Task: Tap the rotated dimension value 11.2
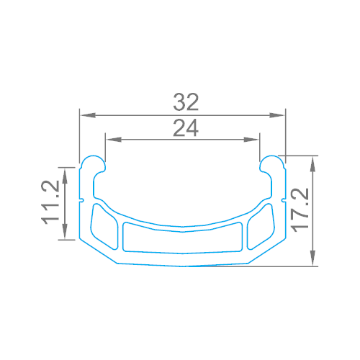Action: tap(51, 203)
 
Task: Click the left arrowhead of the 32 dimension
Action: tap(83, 114)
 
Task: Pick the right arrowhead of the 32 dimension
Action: tap(282, 114)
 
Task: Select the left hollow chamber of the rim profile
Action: tap(104, 226)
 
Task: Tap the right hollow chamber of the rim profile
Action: tap(261, 225)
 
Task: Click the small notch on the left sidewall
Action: tap(83, 199)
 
